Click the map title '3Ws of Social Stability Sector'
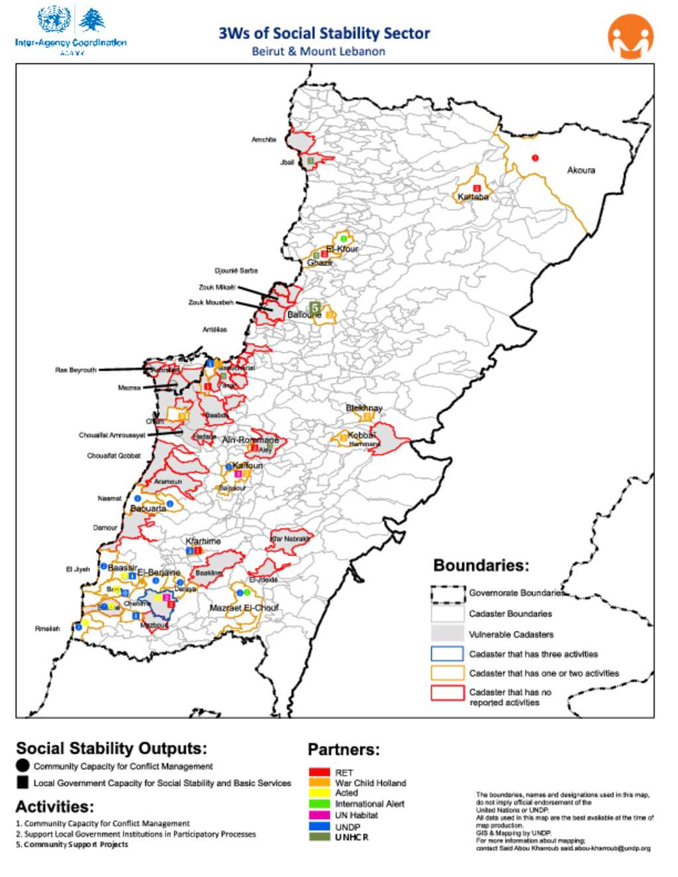(x=324, y=33)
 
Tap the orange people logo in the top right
(x=630, y=38)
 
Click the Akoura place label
(x=581, y=170)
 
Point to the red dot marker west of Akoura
(x=535, y=158)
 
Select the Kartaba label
(x=473, y=197)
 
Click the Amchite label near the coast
(x=264, y=140)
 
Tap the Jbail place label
(x=287, y=162)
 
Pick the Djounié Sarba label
(x=236, y=271)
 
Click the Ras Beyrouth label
(x=75, y=370)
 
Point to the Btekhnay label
(x=364, y=408)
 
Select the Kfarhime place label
(x=203, y=541)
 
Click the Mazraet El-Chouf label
(x=244, y=608)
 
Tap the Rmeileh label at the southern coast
(x=47, y=629)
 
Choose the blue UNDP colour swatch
(x=319, y=827)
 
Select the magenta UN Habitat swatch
(x=319, y=815)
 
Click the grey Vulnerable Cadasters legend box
(x=447, y=633)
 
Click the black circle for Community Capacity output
(x=23, y=766)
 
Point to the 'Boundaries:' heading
(x=481, y=565)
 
